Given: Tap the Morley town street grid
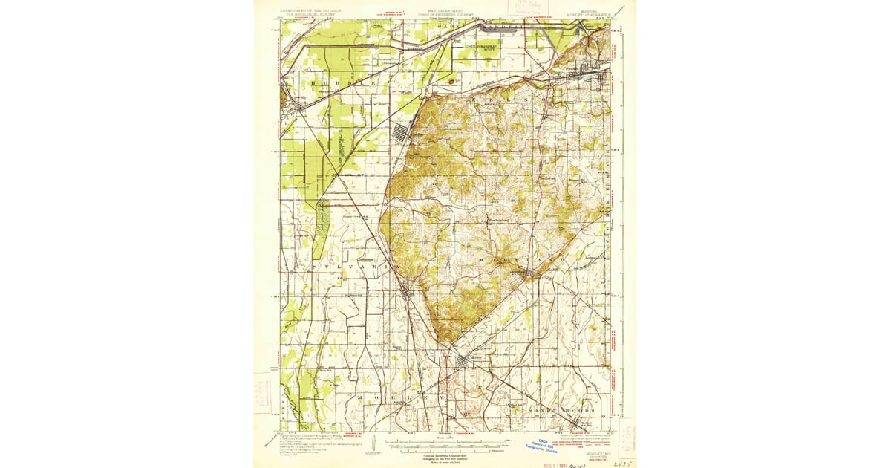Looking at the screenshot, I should click(464, 362).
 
